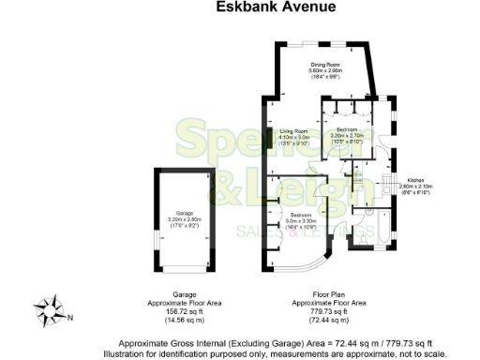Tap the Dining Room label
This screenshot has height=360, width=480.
point(325,64)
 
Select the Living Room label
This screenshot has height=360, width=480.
point(293,131)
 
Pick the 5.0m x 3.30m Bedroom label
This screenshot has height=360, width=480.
point(294,215)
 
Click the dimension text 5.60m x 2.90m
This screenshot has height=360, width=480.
point(325,70)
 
